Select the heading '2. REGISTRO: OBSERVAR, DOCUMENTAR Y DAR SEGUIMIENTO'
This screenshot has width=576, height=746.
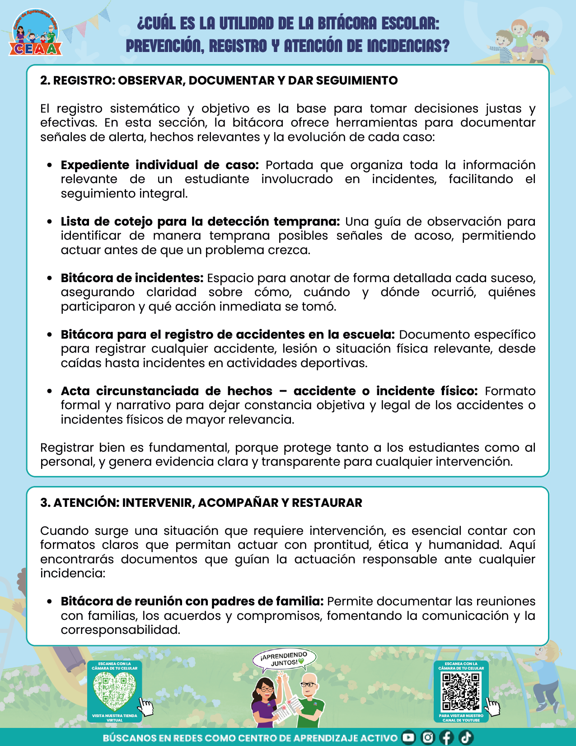[219, 80]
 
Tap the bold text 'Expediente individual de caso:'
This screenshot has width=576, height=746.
[159, 165]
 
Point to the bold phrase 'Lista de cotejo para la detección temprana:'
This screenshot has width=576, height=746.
[200, 222]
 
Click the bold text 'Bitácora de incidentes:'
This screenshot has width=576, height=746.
[132, 278]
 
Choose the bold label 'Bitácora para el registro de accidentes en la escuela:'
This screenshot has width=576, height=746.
[228, 335]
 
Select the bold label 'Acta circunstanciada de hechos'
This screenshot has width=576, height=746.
[167, 391]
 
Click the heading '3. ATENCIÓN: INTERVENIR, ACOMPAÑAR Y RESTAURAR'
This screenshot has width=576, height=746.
[201, 503]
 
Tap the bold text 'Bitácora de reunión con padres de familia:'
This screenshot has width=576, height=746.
[192, 601]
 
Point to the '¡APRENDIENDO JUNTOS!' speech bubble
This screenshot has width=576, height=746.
[285, 659]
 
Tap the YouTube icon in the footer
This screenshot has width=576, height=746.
[408, 737]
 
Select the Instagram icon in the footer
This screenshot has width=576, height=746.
[427, 737]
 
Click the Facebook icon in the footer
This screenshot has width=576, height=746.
[446, 737]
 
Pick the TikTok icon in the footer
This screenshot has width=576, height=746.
[466, 737]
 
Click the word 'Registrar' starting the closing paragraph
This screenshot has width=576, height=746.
[67, 448]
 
